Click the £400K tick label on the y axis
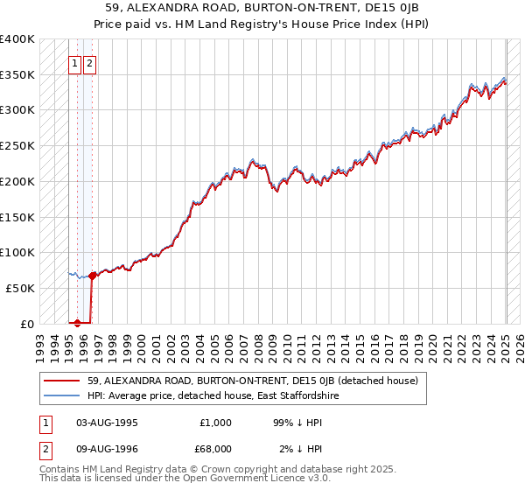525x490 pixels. pos(17,39)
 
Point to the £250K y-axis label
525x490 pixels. pos(17,146)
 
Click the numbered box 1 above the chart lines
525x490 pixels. pos(75,63)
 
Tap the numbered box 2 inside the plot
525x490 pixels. pos(90,63)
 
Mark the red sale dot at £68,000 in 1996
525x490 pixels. pos(93,276)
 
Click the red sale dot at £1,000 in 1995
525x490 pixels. pos(78,323)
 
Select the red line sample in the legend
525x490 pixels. pos(62,381)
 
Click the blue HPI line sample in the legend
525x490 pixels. pos(62,396)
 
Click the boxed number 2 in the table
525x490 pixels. pos(44,449)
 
